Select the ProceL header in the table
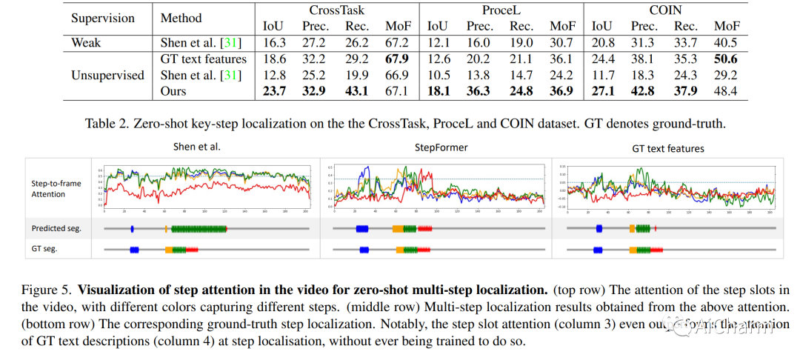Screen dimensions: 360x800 coord(501,10)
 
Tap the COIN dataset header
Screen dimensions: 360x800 coord(666,10)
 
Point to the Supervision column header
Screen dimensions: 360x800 coord(103,18)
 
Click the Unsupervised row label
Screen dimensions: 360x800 coord(107,75)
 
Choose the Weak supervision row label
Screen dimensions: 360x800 coord(87,42)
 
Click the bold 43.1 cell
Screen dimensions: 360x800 coord(357,91)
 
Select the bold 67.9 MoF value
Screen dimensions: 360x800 coord(397,59)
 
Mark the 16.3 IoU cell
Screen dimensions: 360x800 coord(273,42)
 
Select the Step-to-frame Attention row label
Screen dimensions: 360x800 coord(56,188)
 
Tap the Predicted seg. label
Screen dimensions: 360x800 coord(56,228)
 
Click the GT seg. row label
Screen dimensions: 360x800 coord(44,249)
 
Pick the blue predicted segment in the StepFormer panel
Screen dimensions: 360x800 coord(361,229)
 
